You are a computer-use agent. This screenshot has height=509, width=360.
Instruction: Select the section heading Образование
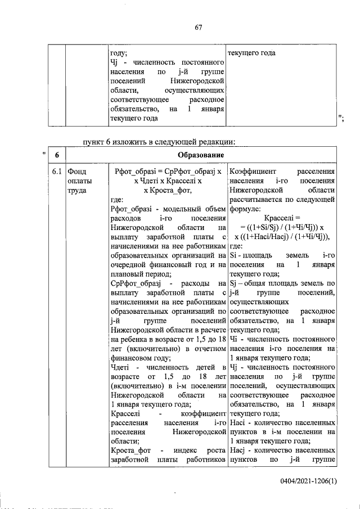[201, 155]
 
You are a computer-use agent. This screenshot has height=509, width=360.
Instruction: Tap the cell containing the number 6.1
[56, 170]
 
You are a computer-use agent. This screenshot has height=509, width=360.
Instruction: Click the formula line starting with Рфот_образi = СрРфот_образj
[168, 170]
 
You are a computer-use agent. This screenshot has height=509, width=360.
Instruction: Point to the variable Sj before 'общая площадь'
[235, 283]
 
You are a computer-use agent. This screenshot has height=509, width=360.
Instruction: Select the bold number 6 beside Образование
[57, 155]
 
